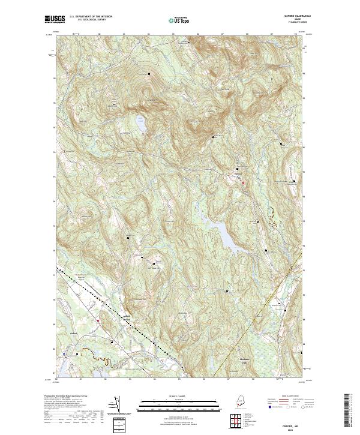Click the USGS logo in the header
tap(55, 19)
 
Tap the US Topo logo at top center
tap(179, 19)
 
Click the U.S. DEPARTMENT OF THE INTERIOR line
tap(91, 16)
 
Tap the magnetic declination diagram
tap(118, 406)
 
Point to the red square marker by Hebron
tap(243, 182)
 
